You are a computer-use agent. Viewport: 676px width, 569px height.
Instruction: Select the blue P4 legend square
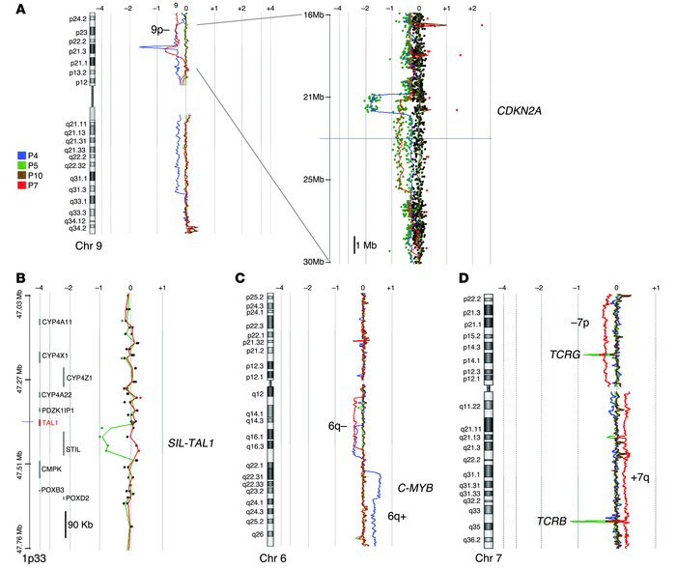pyautogui.click(x=22, y=156)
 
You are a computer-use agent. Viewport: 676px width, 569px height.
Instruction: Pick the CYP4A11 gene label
pyautogui.click(x=57, y=323)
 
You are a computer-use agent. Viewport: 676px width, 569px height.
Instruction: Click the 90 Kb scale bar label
pyautogui.click(x=86, y=526)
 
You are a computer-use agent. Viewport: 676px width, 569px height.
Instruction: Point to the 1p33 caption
pyautogui.click(x=32, y=558)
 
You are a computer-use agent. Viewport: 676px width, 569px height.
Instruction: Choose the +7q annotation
pyautogui.click(x=641, y=477)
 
